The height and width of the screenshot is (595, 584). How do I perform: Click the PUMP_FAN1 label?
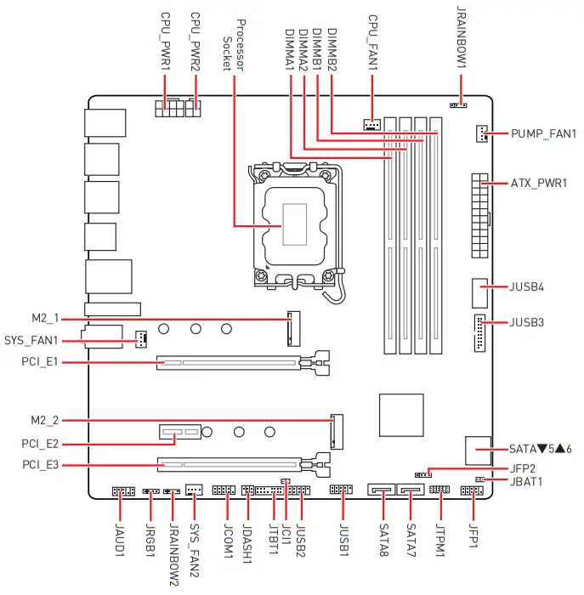pyautogui.click(x=543, y=134)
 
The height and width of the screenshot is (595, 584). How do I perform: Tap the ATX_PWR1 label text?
pyautogui.click(x=539, y=184)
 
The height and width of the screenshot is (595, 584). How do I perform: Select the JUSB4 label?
pyautogui.click(x=527, y=286)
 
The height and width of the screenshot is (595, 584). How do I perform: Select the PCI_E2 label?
pyautogui.click(x=40, y=444)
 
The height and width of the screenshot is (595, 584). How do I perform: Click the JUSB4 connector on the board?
pyautogui.click(x=479, y=292)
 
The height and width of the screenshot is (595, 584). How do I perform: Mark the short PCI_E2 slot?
pyautogui.click(x=179, y=433)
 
